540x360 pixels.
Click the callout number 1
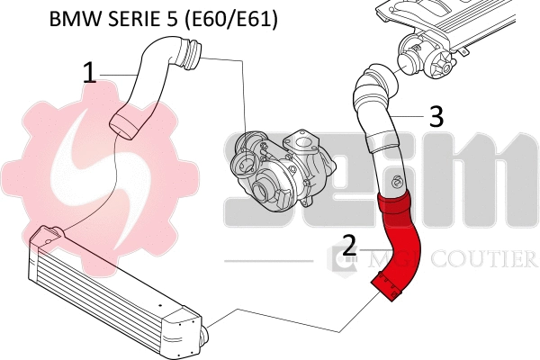click(x=89, y=73)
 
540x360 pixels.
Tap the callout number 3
click(x=436, y=116)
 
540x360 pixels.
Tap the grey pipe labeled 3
click(x=374, y=126)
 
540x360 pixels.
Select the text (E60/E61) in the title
click(x=228, y=18)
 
